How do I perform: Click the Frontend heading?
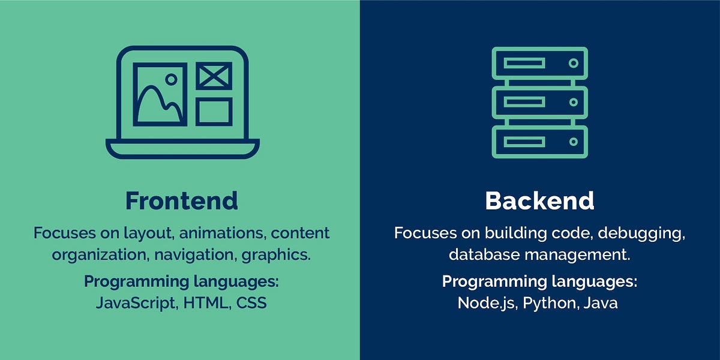[x=181, y=201]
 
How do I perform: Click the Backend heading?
[x=539, y=201]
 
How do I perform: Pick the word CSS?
[x=251, y=303]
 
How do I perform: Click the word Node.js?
[x=487, y=303]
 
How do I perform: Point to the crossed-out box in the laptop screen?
[x=214, y=76]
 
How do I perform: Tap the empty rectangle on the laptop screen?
[x=214, y=112]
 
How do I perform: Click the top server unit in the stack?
[x=539, y=63]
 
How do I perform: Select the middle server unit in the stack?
[x=539, y=102]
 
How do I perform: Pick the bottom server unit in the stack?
[x=539, y=142]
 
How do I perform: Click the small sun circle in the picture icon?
[x=171, y=79]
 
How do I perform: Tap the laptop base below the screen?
[x=182, y=148]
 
